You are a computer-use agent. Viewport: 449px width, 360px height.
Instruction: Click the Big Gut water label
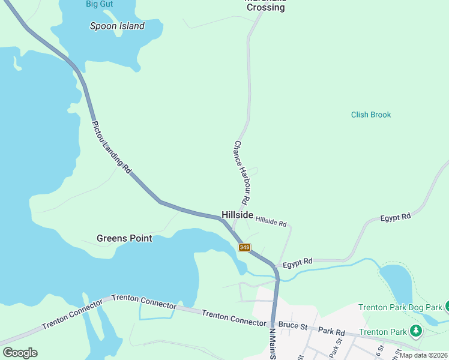[100, 4]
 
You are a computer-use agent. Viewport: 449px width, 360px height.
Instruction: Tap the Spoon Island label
[117, 26]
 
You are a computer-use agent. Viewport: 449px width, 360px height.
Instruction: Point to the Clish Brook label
[371, 115]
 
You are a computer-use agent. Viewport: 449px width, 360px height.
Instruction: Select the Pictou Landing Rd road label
[112, 148]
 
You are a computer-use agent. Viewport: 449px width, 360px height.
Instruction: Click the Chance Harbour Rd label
[241, 171]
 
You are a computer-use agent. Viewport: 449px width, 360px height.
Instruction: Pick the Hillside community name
[237, 214]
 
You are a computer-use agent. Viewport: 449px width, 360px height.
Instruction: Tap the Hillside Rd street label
[271, 221]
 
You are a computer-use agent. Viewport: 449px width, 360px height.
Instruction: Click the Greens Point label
[124, 238]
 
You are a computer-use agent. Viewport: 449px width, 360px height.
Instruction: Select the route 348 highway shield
[244, 247]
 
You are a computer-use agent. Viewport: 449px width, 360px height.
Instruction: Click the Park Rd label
[332, 331]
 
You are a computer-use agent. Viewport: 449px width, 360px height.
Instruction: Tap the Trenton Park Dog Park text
[400, 307]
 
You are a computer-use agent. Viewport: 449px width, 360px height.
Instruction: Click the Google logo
[20, 353]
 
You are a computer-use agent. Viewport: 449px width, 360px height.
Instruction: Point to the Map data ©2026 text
[424, 355]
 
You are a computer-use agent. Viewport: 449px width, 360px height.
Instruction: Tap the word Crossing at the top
[265, 8]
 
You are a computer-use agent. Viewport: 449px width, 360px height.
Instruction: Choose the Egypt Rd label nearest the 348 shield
[298, 262]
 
